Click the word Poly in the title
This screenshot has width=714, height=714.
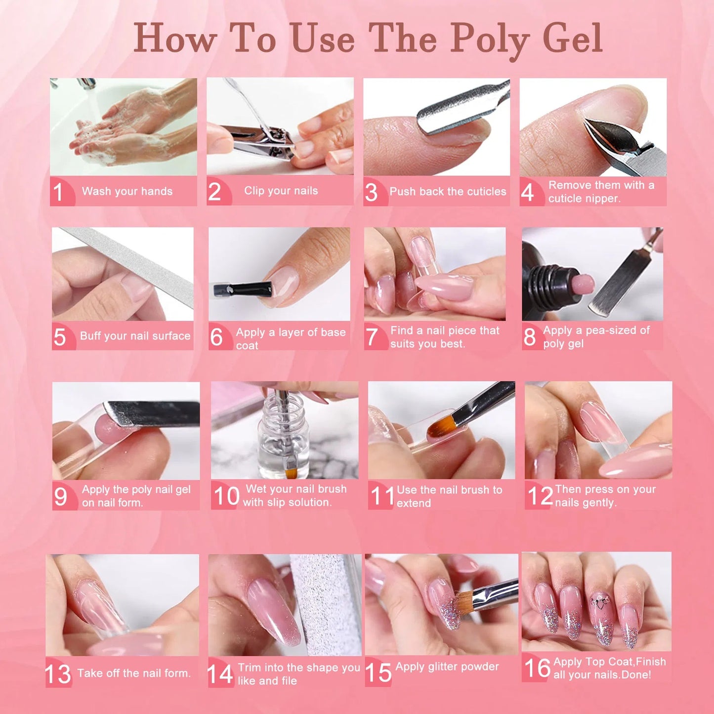(x=489, y=39)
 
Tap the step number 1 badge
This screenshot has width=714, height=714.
(x=59, y=192)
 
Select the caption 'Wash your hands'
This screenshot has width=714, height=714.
(x=127, y=191)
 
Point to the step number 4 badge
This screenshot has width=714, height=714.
(x=528, y=192)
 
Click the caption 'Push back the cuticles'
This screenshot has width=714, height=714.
(x=448, y=191)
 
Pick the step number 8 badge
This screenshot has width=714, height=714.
(x=530, y=337)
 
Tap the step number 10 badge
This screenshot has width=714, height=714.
(x=226, y=496)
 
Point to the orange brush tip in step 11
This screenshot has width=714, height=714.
(x=441, y=425)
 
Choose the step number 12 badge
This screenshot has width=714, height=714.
(x=539, y=496)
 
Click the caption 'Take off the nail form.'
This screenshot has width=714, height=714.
(x=134, y=673)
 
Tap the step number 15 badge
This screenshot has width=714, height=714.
(x=378, y=673)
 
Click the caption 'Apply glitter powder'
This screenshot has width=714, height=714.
(x=447, y=667)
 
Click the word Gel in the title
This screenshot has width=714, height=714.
(x=573, y=39)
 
